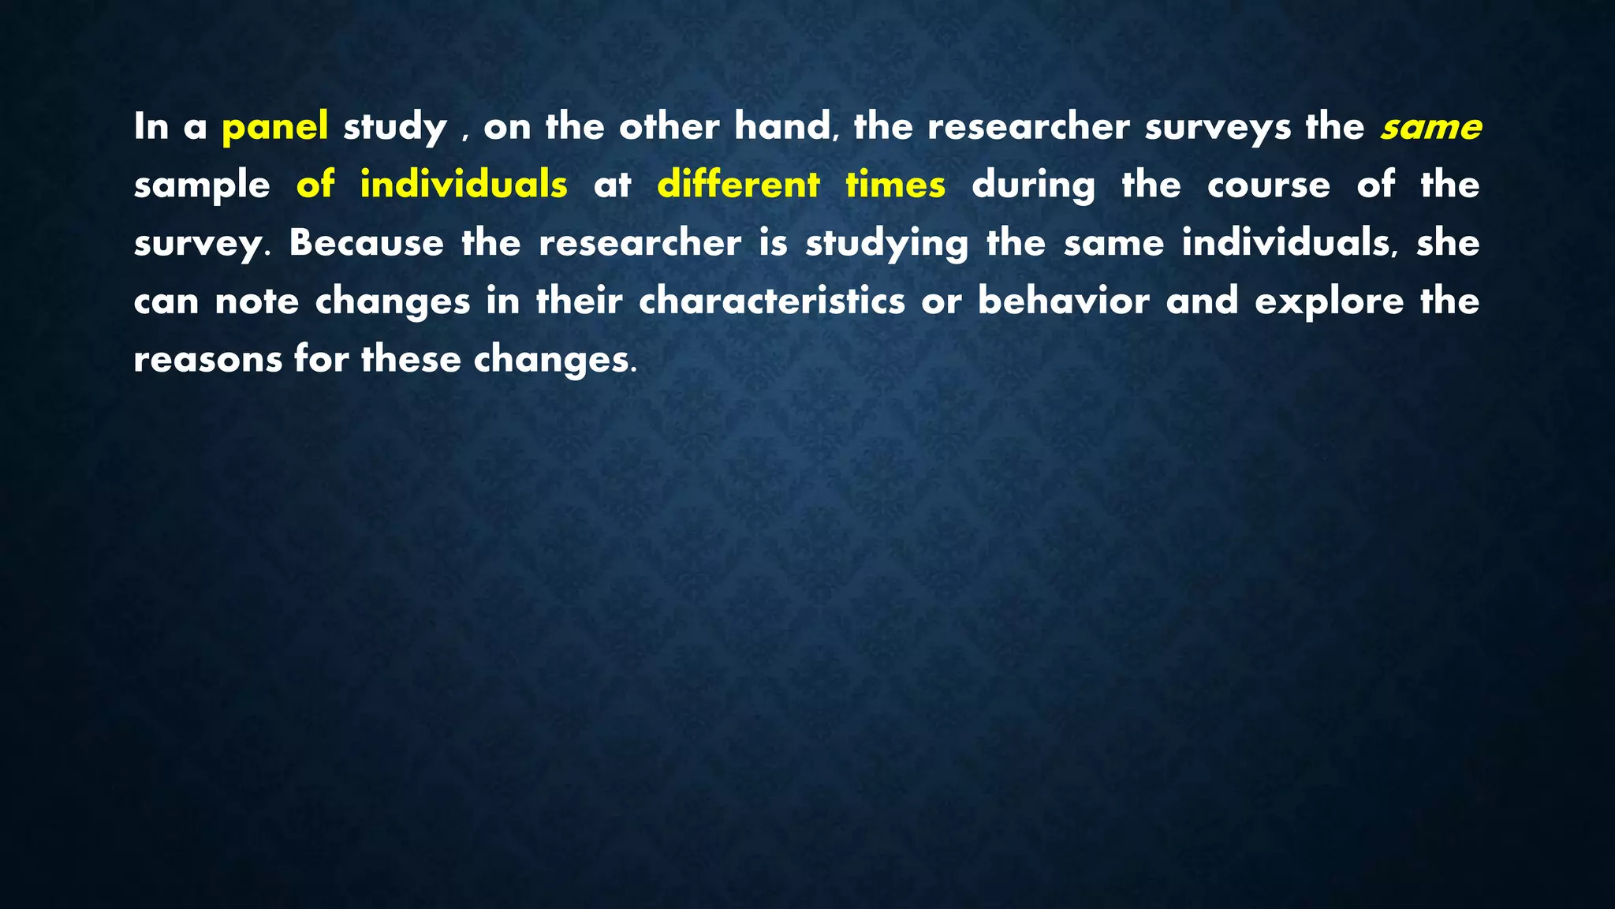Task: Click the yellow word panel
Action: [274, 127]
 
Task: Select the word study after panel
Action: [394, 127]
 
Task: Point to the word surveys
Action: [1217, 127]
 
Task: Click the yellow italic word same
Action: [1430, 127]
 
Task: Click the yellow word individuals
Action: [463, 185]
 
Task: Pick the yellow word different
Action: [738, 185]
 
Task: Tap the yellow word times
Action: [895, 185]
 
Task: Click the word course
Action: [1268, 185]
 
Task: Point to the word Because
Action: [366, 242]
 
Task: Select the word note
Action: [256, 301]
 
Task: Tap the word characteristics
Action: [771, 301]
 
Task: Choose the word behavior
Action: [1063, 301]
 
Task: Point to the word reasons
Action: [207, 360]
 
